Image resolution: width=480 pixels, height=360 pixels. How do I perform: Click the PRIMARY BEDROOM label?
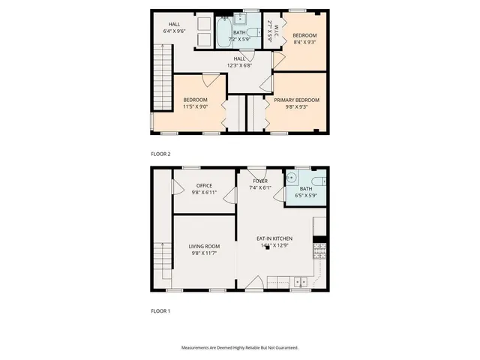(296, 100)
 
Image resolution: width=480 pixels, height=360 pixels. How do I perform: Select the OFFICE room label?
(204, 185)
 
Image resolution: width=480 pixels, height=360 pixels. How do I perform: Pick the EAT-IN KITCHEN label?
(274, 238)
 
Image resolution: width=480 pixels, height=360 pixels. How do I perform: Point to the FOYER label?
(260, 181)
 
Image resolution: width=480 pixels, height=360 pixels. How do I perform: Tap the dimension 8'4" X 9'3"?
(304, 43)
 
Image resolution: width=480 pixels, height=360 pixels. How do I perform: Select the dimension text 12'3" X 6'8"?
(239, 65)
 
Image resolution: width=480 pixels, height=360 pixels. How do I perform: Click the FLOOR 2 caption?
(160, 154)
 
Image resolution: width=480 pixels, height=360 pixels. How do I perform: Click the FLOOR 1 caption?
(160, 310)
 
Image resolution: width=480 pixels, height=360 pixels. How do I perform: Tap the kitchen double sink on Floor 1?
(301, 282)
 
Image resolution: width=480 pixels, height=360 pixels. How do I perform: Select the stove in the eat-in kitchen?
(319, 253)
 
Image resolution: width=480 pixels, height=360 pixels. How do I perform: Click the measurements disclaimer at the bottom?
(239, 348)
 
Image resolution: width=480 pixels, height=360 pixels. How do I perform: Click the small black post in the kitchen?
(267, 248)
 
